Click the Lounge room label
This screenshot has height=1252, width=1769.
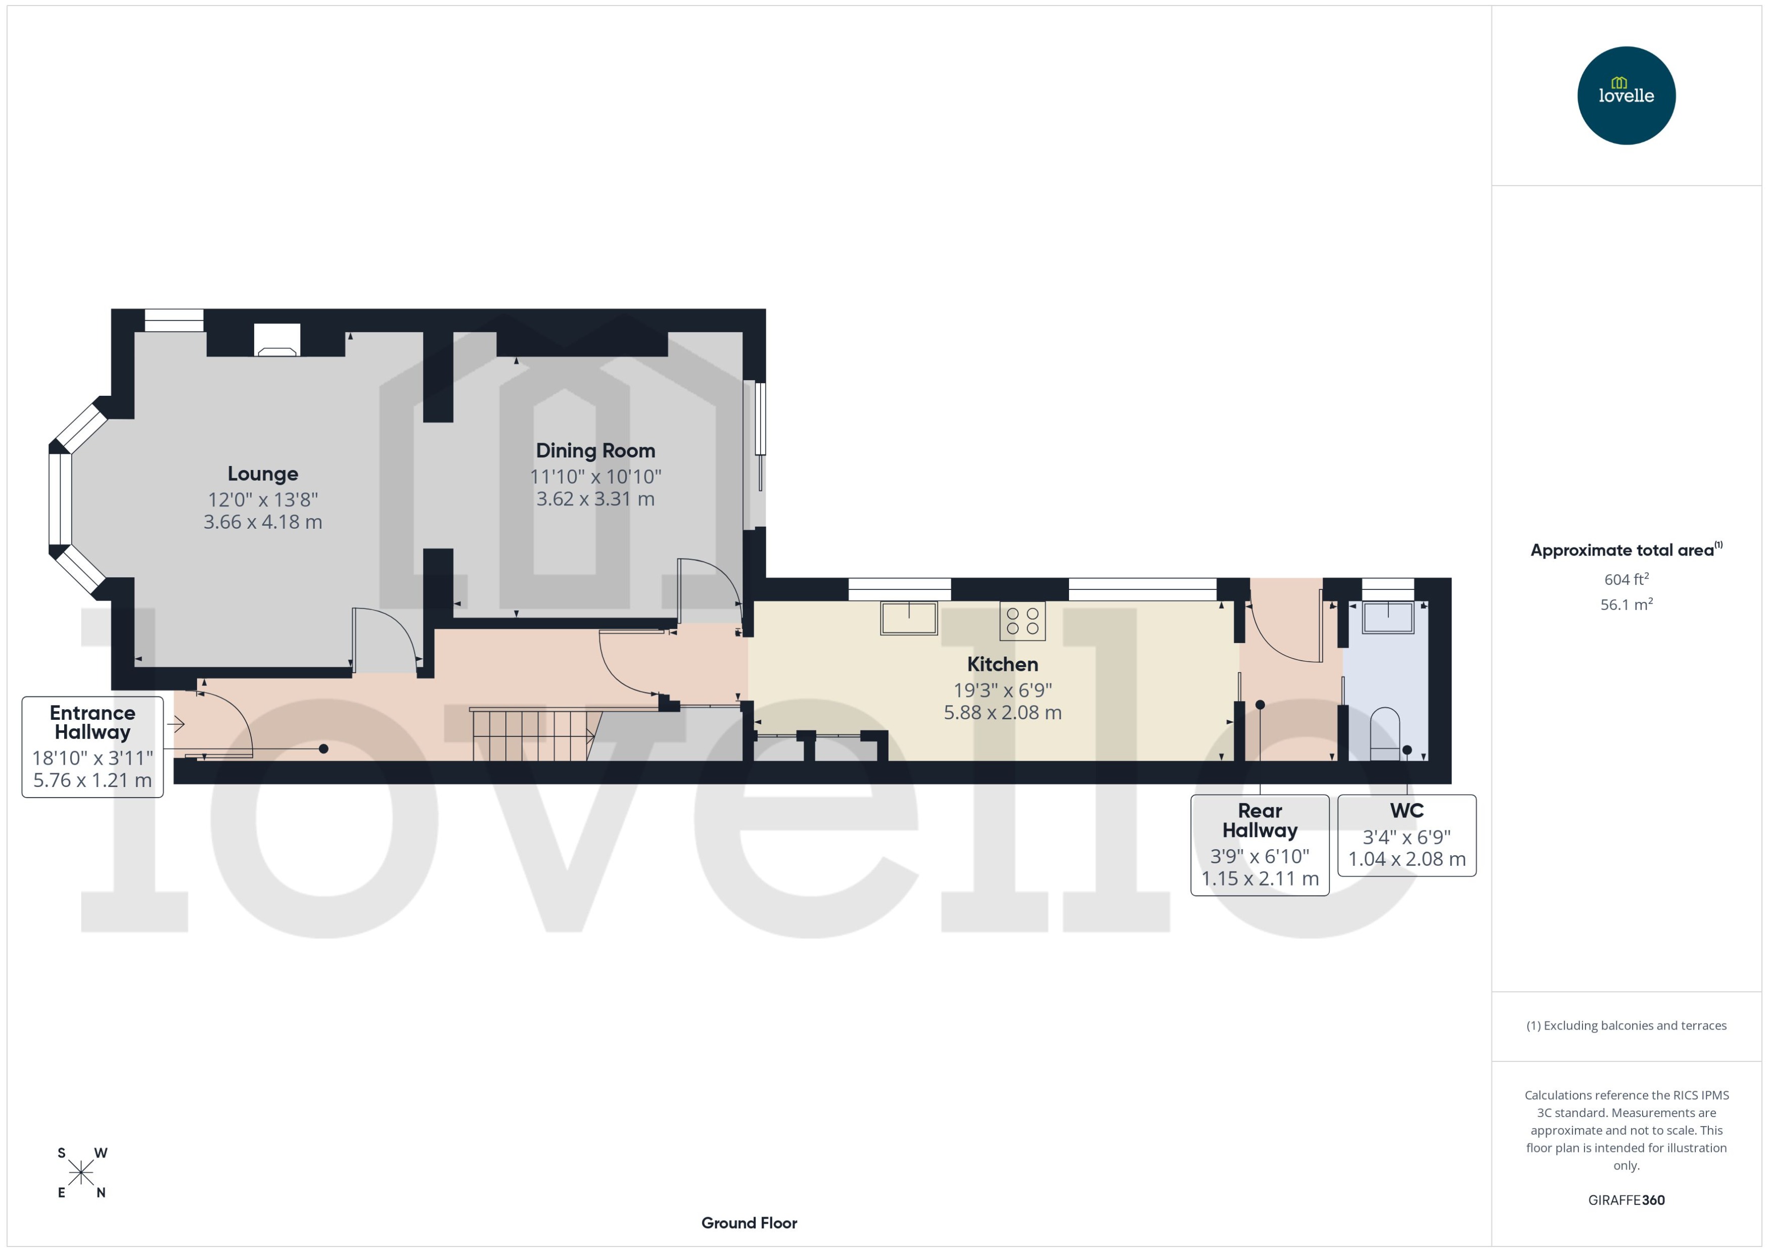coord(262,474)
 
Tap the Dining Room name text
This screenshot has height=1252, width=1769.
coord(595,450)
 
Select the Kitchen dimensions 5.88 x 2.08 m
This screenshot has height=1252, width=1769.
coord(1002,712)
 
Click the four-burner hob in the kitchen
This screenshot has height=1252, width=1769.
coord(1022,621)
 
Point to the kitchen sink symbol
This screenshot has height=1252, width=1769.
coord(909,618)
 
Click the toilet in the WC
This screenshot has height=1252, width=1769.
coord(1385,733)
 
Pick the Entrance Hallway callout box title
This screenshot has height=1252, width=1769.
coord(92,722)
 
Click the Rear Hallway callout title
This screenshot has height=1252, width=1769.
coord(1260,820)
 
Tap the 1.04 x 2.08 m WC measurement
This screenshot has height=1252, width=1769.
coord(1406,859)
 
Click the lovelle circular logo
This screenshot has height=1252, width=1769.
coord(1625,96)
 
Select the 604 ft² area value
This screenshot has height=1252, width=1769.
coord(1625,579)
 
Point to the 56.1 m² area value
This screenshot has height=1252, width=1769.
coord(1625,605)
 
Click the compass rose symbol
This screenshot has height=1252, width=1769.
coord(81,1173)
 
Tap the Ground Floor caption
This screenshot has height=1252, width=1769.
coord(749,1223)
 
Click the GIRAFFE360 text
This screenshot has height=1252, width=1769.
coord(1625,1200)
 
